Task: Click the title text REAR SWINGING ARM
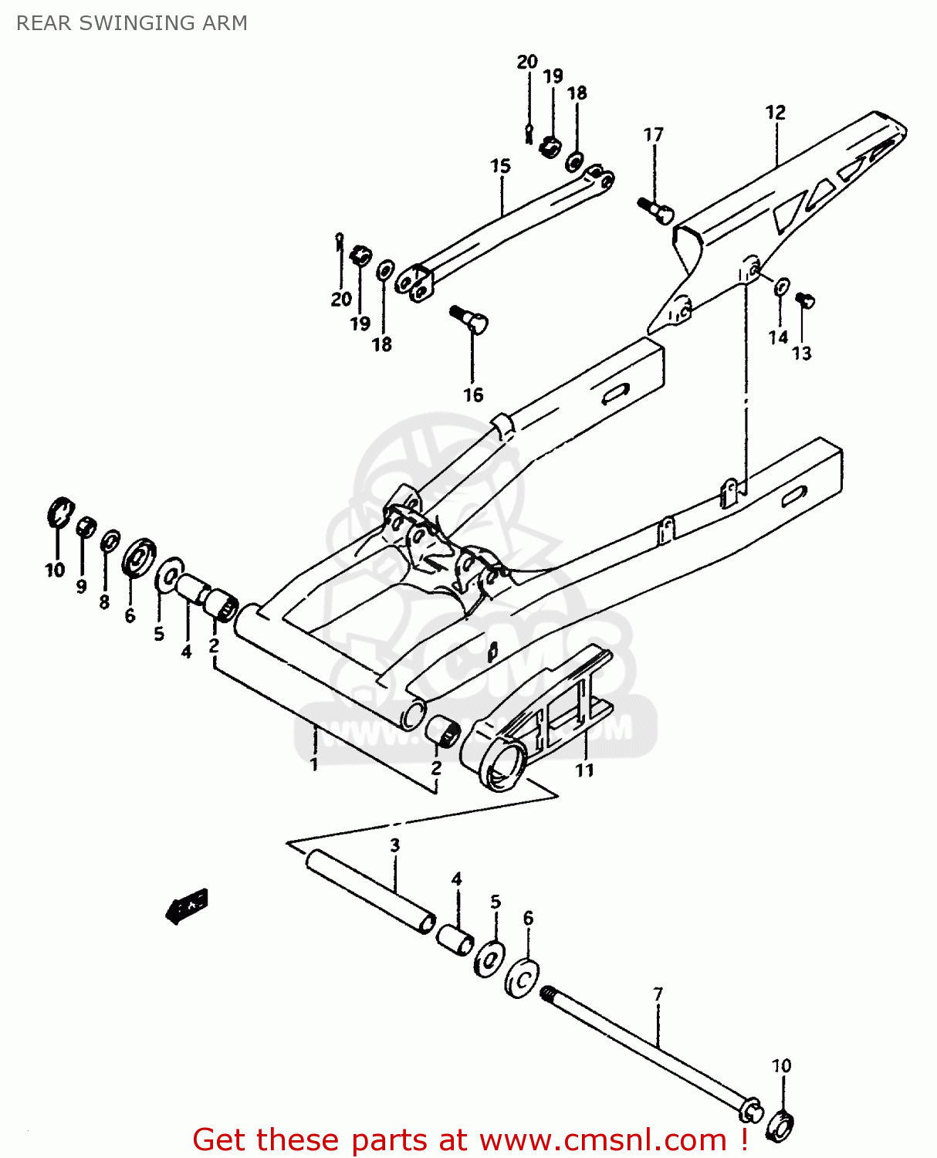(x=132, y=23)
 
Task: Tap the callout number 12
(x=775, y=113)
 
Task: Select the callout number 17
(x=653, y=135)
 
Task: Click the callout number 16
(x=472, y=394)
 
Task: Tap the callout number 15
(x=500, y=166)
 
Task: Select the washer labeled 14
(x=781, y=286)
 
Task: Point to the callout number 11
(x=584, y=770)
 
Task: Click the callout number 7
(x=658, y=994)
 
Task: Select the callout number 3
(x=394, y=845)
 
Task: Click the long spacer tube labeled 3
(x=370, y=892)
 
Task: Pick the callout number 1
(x=313, y=764)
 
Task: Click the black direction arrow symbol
(x=187, y=905)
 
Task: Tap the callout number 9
(x=81, y=587)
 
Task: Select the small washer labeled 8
(x=110, y=541)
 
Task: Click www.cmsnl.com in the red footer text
(x=603, y=1139)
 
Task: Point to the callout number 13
(x=802, y=354)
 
